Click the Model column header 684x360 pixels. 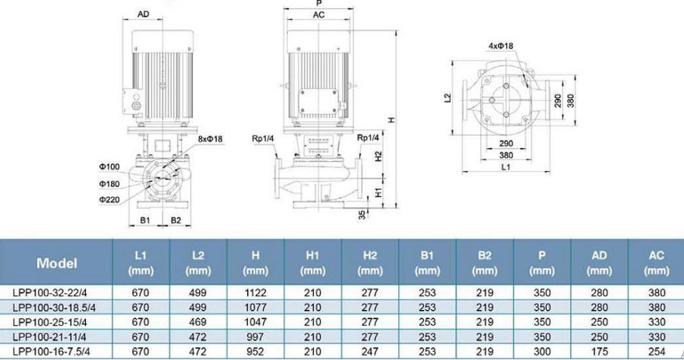[x=57, y=263]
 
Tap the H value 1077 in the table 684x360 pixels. [x=255, y=308]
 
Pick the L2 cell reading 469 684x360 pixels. [x=198, y=322]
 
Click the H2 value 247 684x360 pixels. [x=370, y=352]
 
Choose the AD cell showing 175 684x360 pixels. [x=600, y=352]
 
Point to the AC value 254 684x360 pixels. [x=657, y=352]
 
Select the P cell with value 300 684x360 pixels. [x=542, y=352]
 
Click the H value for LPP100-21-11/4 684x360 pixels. [x=255, y=337]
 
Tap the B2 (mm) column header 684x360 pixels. [x=485, y=263]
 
